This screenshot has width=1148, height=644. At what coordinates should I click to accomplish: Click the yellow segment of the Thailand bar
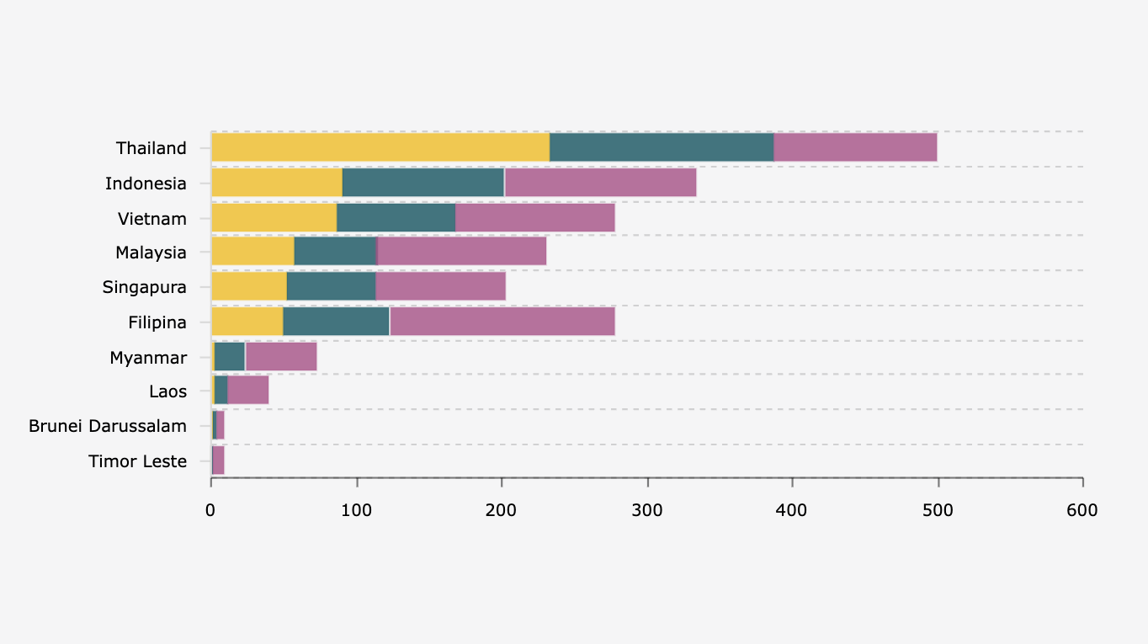(380, 147)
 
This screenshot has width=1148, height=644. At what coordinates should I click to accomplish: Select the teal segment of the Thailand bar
(662, 147)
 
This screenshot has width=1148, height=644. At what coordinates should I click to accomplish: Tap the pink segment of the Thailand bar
(855, 147)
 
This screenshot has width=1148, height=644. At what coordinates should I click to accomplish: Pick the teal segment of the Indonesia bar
(423, 183)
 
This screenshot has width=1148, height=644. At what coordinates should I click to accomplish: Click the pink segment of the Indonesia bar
(601, 183)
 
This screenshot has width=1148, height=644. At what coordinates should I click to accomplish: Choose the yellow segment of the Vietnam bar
(274, 218)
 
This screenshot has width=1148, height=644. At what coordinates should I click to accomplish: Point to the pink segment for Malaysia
(462, 252)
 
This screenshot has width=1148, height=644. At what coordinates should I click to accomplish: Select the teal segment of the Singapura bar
(331, 286)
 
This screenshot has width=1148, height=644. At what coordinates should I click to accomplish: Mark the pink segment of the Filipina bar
(502, 322)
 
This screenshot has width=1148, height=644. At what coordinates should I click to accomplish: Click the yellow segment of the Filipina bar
(247, 322)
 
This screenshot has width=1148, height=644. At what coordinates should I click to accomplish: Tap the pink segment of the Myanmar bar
(281, 357)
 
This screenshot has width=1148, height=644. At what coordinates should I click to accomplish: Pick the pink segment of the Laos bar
(248, 391)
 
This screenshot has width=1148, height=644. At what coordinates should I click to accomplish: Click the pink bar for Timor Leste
(218, 460)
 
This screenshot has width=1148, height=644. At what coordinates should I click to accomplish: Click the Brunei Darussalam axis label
(108, 426)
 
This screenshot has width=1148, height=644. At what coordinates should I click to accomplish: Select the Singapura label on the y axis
(145, 287)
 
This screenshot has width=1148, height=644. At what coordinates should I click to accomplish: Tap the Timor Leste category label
(137, 461)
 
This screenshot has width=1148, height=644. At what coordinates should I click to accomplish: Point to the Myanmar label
(148, 358)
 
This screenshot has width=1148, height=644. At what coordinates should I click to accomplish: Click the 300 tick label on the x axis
(647, 510)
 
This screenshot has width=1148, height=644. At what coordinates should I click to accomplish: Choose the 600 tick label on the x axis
(1082, 510)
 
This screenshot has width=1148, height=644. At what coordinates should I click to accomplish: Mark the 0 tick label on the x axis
(210, 510)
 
